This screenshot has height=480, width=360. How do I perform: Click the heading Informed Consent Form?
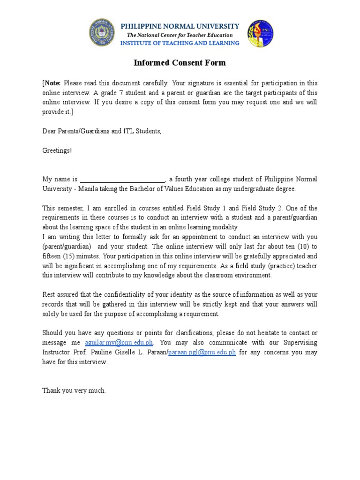pyautogui.click(x=180, y=63)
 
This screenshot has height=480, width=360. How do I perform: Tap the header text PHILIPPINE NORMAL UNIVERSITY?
pyautogui.click(x=180, y=26)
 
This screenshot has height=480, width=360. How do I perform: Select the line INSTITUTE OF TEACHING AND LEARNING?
pyautogui.click(x=180, y=43)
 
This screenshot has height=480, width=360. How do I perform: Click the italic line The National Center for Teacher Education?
pyautogui.click(x=180, y=35)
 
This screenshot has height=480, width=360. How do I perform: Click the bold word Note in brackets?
pyautogui.click(x=52, y=83)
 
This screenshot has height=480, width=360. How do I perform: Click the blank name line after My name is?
pyautogui.click(x=122, y=180)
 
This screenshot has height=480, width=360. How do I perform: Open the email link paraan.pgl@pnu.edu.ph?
pyautogui.click(x=202, y=352)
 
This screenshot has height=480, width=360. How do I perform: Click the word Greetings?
pyautogui.click(x=57, y=150)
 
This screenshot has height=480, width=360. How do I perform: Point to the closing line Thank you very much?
pyautogui.click(x=74, y=390)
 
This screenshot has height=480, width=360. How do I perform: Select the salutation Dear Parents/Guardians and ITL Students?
pyautogui.click(x=102, y=131)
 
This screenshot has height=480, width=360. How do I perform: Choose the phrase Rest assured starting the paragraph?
pyautogui.click(x=62, y=295)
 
